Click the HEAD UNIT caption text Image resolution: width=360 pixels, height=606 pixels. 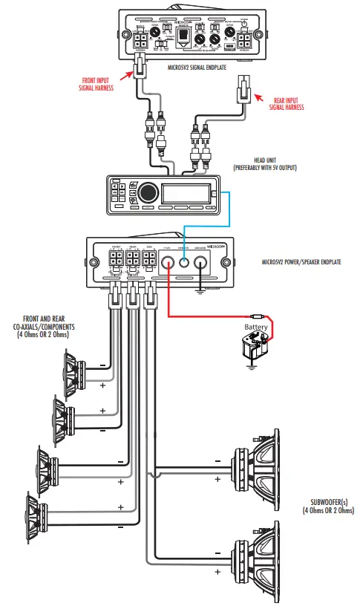[x=264, y=163]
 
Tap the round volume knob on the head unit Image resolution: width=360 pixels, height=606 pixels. [x=147, y=192]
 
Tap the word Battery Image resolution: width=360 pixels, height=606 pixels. [x=257, y=328]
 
